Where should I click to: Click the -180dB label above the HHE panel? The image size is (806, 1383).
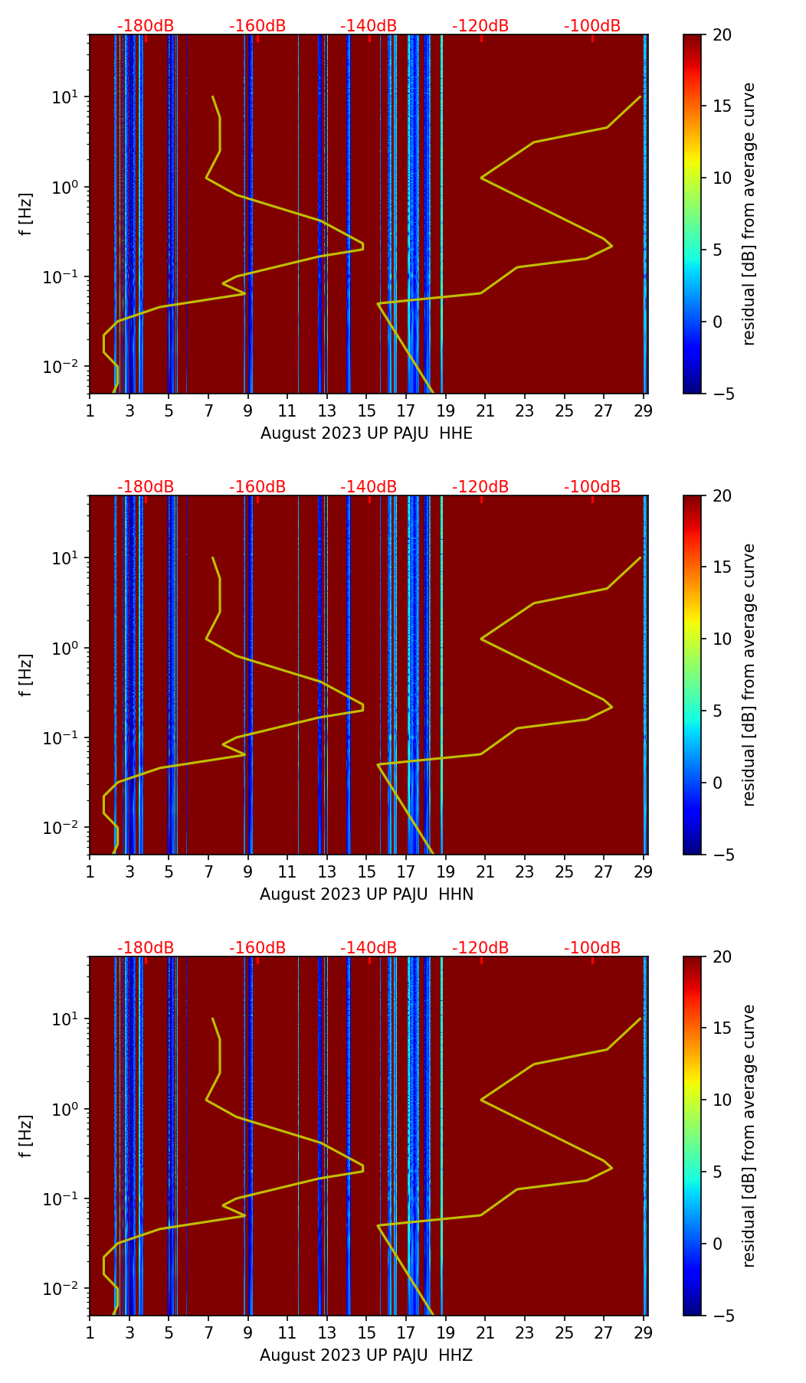[146, 26]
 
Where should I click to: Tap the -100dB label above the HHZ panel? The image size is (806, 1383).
[592, 948]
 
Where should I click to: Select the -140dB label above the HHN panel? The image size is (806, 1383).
[369, 487]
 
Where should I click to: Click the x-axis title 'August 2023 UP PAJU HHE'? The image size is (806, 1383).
[366, 433]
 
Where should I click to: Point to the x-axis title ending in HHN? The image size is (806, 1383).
[366, 894]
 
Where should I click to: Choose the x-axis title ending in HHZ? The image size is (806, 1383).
[366, 1355]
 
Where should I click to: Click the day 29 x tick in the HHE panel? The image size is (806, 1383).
[644, 410]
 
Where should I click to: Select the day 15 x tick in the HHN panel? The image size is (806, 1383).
[366, 871]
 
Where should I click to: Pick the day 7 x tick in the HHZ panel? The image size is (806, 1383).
[208, 1332]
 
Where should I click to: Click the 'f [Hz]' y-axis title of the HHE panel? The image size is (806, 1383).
[26, 214]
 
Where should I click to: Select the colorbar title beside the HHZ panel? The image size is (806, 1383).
[749, 1136]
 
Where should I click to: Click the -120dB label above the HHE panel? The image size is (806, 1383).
[480, 26]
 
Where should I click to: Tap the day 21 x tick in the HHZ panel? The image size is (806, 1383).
[485, 1332]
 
